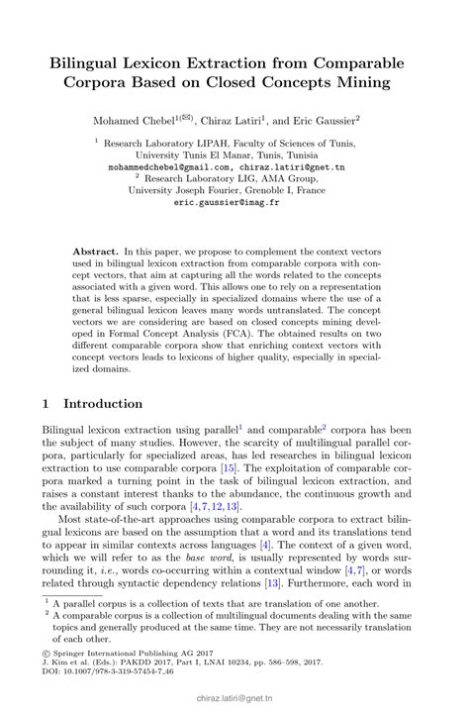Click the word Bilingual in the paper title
92,61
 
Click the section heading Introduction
103,404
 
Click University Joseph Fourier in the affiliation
184,190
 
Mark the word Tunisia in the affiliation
297,155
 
